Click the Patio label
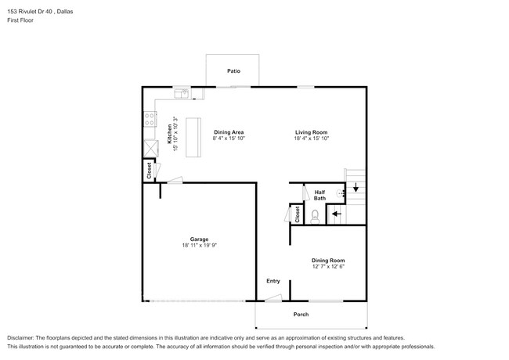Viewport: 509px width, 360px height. [233, 71]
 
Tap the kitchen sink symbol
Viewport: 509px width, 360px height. [182, 94]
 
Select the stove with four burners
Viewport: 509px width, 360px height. [150, 119]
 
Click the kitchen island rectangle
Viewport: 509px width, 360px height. [193, 138]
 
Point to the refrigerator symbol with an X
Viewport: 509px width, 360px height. [151, 148]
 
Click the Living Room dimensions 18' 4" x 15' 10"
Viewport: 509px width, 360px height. [312, 139]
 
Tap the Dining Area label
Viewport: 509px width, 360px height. [229, 132]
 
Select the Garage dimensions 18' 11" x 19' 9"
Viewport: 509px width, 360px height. [200, 246]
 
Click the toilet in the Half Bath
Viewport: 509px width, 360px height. [315, 217]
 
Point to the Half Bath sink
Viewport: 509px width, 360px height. [341, 193]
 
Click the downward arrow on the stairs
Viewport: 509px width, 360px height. [356, 188]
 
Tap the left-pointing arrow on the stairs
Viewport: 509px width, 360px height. [337, 214]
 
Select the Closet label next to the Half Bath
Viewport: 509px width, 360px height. [298, 214]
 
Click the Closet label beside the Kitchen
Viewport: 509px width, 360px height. [150, 171]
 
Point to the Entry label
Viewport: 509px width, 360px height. [273, 281]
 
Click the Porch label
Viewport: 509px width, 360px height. [301, 315]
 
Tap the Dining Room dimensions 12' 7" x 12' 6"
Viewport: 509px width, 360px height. [328, 267]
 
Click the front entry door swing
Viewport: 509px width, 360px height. [273, 297]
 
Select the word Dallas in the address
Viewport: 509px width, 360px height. [65, 12]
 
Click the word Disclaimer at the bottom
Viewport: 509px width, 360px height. [20, 338]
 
